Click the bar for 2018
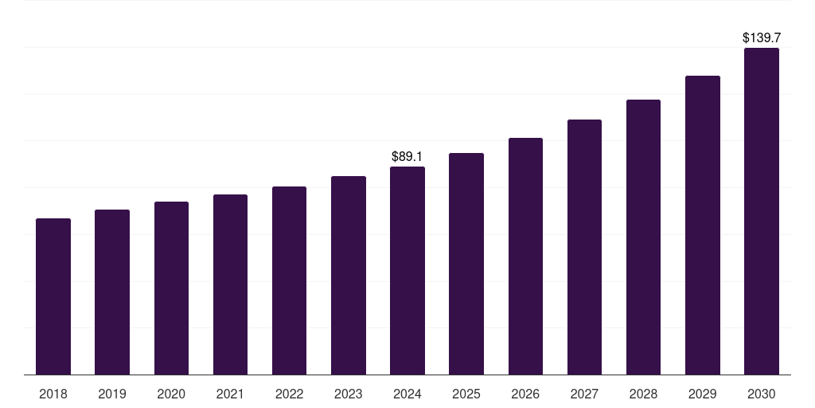coord(53,296)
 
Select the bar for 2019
coord(112,292)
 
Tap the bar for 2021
coord(230,284)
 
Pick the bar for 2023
coord(349,275)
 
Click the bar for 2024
coord(407,270)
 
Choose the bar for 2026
coord(525,256)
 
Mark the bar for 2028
coord(643,237)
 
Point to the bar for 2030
coord(762,211)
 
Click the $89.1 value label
coord(407,157)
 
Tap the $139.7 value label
coord(762,37)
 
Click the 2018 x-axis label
coord(53,394)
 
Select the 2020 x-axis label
coord(171,394)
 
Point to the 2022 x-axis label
coord(289,394)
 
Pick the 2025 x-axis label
coord(466,394)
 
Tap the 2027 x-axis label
coord(584,394)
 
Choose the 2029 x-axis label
coord(703,394)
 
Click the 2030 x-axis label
coord(762,394)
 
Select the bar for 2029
coord(703,225)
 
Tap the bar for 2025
coord(466,264)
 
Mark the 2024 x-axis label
coord(407,394)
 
